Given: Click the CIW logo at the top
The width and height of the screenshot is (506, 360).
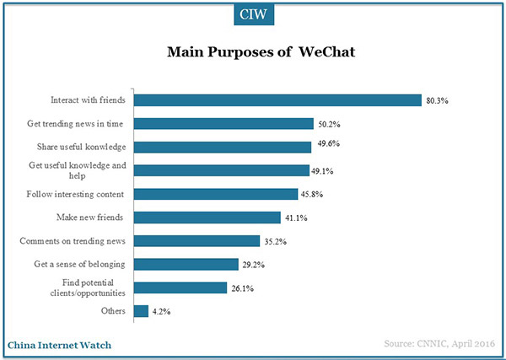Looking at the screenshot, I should tap(254, 13).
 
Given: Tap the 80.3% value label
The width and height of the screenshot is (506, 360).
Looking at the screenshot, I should tap(437, 100).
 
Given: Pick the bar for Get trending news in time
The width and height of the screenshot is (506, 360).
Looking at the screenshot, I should tap(224, 123).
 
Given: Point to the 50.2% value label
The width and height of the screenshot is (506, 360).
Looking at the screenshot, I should tap(328, 123).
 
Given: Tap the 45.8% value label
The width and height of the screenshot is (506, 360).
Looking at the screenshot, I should tap(312, 193).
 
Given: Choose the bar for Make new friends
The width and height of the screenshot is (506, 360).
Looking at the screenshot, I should tap(207, 217).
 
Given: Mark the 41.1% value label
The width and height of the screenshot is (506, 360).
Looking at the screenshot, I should tap(293, 217).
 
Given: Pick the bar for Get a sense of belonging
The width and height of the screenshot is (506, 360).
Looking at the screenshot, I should tap(186, 263).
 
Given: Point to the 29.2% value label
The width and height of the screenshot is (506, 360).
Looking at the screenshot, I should tap(252, 263).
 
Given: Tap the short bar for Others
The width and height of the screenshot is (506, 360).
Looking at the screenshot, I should tap(142, 310).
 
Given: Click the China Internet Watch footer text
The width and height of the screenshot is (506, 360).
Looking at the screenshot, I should tap(60, 344).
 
